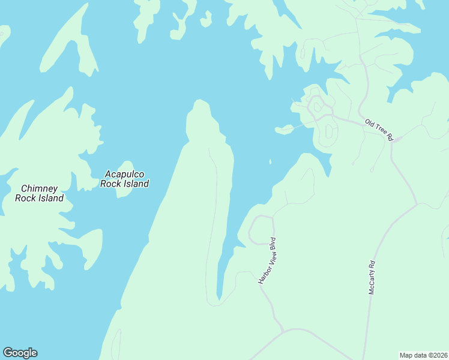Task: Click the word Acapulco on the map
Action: point(124,174)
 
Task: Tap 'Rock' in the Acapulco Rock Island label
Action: point(111,184)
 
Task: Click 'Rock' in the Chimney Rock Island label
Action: point(26,198)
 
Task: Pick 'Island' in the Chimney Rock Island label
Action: point(50,198)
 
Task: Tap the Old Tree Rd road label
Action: point(379,130)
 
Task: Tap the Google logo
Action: point(20,353)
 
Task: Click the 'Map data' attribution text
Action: point(414,355)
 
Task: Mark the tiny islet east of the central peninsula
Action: point(270,161)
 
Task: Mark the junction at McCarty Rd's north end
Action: point(417,205)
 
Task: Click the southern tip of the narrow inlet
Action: point(219,298)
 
